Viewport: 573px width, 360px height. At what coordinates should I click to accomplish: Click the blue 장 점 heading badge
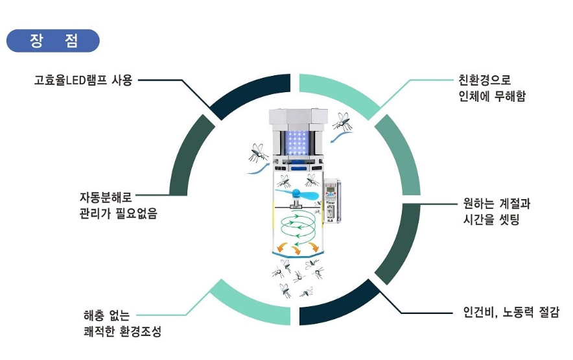[x=53, y=41]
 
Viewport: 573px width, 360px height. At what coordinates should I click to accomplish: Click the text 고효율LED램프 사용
[x=84, y=81]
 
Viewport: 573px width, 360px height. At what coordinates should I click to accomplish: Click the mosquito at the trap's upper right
[x=342, y=121]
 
